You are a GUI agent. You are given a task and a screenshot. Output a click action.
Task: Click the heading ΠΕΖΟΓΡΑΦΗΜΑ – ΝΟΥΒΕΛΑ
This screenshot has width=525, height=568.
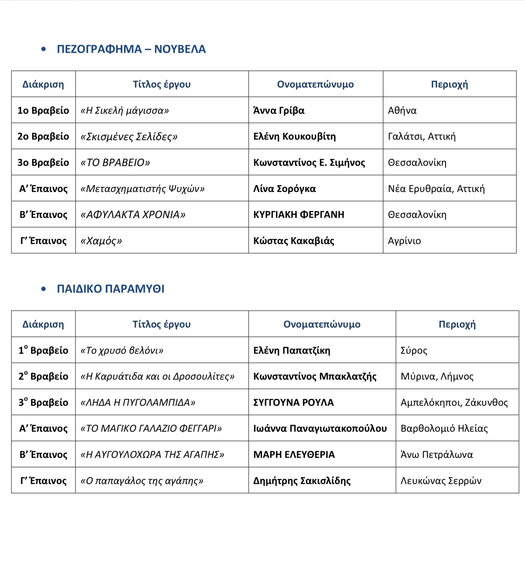point(131,49)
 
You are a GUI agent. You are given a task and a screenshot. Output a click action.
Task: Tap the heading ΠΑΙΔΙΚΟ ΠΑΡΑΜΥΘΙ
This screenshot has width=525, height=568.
point(111,289)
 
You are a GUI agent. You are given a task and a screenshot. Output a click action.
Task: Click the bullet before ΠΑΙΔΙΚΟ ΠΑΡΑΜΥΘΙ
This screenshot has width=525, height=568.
point(43,289)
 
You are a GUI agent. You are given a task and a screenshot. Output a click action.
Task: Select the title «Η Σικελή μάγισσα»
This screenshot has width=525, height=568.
point(125,110)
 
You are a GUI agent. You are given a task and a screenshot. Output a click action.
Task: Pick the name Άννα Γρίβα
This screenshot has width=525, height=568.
point(279,110)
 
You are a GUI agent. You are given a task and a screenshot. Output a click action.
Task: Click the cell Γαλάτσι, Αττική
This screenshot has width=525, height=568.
point(422,136)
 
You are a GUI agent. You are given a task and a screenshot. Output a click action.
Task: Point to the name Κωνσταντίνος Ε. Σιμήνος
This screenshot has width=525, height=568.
point(309,162)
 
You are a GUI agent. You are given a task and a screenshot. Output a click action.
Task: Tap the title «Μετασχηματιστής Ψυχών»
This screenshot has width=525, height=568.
point(142,188)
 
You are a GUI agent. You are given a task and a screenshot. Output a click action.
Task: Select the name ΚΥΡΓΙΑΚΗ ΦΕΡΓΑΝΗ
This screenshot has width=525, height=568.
point(299,215)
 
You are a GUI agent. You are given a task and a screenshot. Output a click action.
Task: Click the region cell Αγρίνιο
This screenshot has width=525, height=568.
point(404,241)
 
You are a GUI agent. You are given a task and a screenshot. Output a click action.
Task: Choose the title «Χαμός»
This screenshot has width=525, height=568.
point(101,241)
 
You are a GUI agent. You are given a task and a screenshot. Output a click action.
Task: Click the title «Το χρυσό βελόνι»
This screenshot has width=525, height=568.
point(122,350)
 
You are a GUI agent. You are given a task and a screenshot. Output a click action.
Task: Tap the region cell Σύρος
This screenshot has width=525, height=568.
point(414,350)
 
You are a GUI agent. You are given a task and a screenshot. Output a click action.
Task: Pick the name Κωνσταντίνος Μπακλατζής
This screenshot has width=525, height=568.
point(315,376)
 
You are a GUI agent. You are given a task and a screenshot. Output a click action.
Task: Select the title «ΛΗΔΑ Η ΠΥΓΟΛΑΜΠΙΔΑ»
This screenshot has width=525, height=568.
point(138,403)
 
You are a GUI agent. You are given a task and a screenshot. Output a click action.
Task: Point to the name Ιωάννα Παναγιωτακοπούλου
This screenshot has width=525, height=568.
point(320,428)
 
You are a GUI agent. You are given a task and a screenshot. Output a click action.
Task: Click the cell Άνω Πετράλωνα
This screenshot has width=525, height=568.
point(437,454)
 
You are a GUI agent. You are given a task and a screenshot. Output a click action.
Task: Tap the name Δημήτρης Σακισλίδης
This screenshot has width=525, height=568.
point(302,481)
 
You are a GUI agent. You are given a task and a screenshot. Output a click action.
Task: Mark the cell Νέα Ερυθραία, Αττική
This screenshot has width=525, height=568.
point(436,188)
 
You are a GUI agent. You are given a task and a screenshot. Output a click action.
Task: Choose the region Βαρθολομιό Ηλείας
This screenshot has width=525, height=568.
point(444,428)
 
